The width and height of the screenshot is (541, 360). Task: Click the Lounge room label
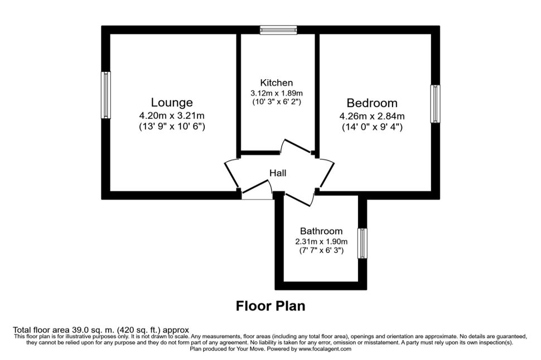point(172,103)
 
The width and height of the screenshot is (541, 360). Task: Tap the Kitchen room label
point(276,83)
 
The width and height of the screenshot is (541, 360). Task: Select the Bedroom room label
point(372,103)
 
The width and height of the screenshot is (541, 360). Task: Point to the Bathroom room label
point(321,231)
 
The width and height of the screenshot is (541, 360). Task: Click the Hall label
point(278,173)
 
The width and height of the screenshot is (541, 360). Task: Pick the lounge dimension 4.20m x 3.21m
point(172,116)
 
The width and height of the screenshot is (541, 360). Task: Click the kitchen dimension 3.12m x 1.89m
point(277,93)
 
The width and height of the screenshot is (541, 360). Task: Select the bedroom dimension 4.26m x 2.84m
point(372,116)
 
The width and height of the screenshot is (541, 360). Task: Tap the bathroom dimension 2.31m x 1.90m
point(321,241)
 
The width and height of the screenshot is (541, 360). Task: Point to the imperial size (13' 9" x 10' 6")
point(172,127)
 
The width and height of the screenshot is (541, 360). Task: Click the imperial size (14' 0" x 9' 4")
point(372,127)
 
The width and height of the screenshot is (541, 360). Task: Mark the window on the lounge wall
point(105,95)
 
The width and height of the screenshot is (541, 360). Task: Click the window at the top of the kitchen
point(278,30)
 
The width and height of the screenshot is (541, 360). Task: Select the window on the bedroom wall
point(435,104)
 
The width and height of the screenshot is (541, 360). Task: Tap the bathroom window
point(362,244)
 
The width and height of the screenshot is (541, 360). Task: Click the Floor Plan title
point(270,306)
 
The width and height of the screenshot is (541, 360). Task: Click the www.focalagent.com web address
point(325,349)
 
